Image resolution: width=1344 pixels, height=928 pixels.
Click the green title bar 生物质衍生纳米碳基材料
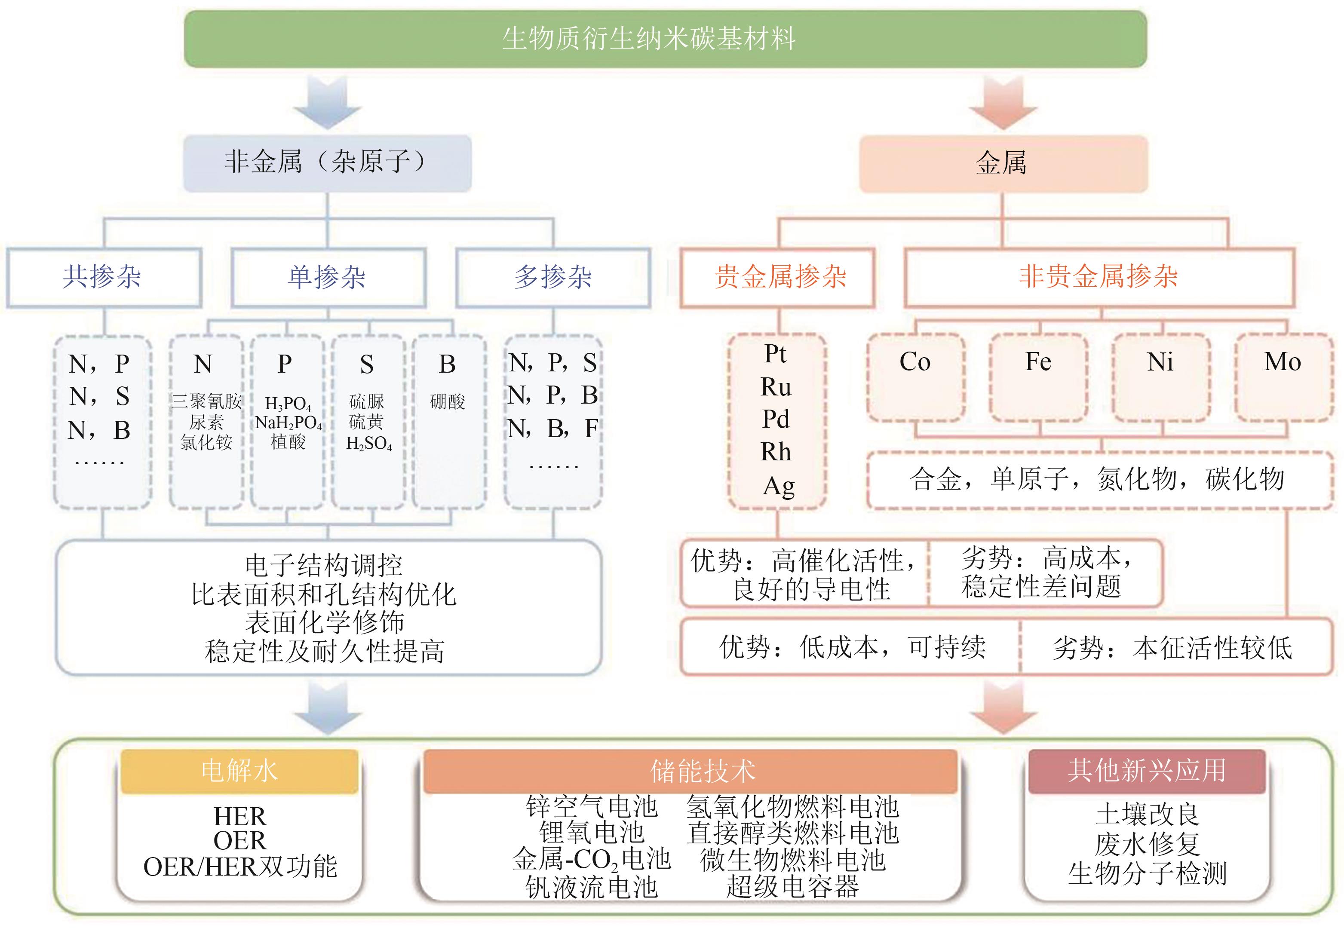click(x=665, y=39)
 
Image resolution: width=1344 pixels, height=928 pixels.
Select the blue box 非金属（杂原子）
click(x=328, y=163)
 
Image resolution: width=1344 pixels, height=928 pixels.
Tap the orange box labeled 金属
click(x=1003, y=163)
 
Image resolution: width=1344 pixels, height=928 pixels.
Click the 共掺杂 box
click(x=104, y=277)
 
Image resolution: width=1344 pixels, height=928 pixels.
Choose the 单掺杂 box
click(x=328, y=277)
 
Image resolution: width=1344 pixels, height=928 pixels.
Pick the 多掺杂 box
click(x=552, y=277)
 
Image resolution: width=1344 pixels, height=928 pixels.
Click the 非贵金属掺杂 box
click(x=1099, y=277)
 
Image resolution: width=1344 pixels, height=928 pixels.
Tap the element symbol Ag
click(x=778, y=486)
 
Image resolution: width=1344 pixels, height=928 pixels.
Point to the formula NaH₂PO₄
click(x=288, y=423)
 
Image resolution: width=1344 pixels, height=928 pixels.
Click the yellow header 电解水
click(x=239, y=772)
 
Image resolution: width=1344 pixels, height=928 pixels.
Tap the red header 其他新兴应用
click(x=1146, y=772)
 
